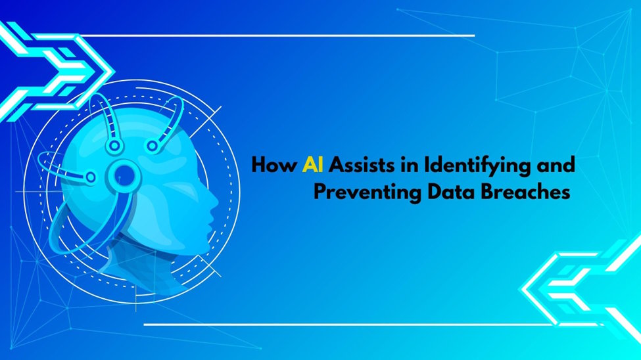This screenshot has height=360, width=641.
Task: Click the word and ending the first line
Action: point(556,164)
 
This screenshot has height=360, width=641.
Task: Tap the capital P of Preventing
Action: point(319,193)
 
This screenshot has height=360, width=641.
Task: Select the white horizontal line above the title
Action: point(276,35)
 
